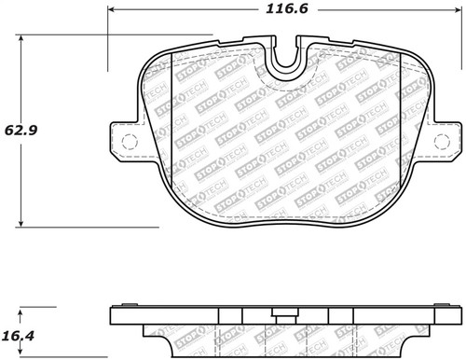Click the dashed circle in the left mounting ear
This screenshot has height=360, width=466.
point(130,143)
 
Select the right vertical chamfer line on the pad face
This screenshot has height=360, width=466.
point(399,131)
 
